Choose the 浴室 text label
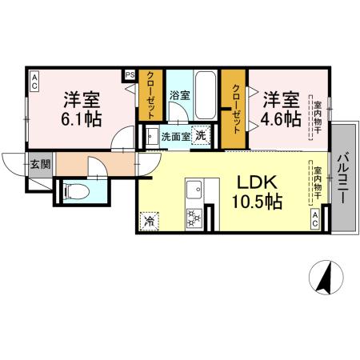point(180,95)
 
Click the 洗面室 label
point(175,136)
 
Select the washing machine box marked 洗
point(202,136)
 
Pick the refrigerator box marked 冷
point(149,218)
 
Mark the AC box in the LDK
point(315,219)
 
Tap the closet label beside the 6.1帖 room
point(150,94)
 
